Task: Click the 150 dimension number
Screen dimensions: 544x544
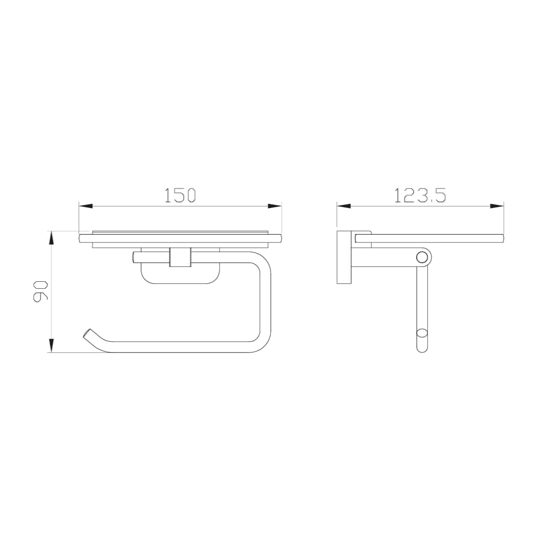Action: (x=180, y=195)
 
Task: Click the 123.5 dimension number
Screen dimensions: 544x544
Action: (x=420, y=195)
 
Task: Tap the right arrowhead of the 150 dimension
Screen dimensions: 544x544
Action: (x=274, y=206)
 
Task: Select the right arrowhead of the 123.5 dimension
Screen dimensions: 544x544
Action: (x=496, y=206)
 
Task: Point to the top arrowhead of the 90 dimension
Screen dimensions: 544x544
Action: (x=51, y=238)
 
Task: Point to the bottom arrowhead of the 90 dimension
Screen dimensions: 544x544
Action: (x=51, y=346)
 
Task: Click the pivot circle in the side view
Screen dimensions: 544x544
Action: (x=422, y=257)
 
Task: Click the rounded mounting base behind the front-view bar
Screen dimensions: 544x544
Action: (x=180, y=276)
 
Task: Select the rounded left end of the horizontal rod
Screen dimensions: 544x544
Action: (x=134, y=257)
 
